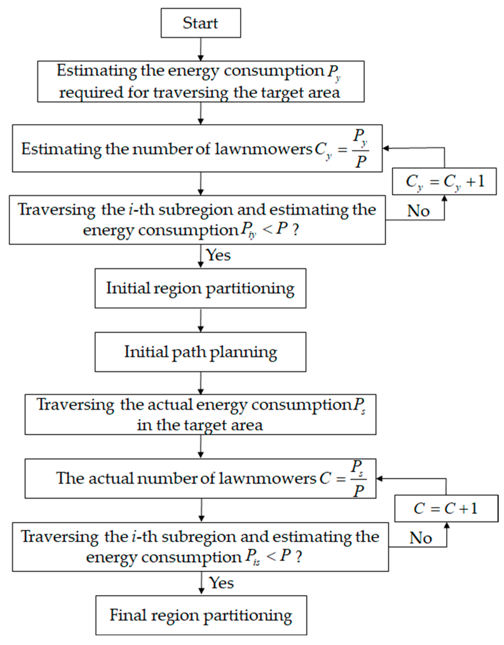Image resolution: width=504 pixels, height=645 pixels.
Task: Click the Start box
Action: pyautogui.click(x=201, y=23)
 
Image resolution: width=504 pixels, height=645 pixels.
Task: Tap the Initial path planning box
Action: pyautogui.click(x=200, y=352)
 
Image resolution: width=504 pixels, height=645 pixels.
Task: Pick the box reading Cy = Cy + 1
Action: pyautogui.click(x=444, y=181)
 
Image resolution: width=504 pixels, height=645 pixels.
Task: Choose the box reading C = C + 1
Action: pyautogui.click(x=446, y=509)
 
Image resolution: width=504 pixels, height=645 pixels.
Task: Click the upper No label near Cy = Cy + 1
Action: pyautogui.click(x=418, y=211)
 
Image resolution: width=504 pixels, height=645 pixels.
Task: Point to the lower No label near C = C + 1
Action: pyautogui.click(x=421, y=538)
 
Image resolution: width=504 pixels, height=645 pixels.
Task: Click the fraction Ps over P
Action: pyautogui.click(x=358, y=479)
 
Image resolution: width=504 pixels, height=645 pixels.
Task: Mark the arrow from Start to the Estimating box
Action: pyautogui.click(x=201, y=49)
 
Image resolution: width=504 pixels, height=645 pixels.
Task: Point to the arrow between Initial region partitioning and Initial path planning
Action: pyautogui.click(x=201, y=320)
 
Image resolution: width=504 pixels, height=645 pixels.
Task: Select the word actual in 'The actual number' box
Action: pyautogui.click(x=111, y=479)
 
